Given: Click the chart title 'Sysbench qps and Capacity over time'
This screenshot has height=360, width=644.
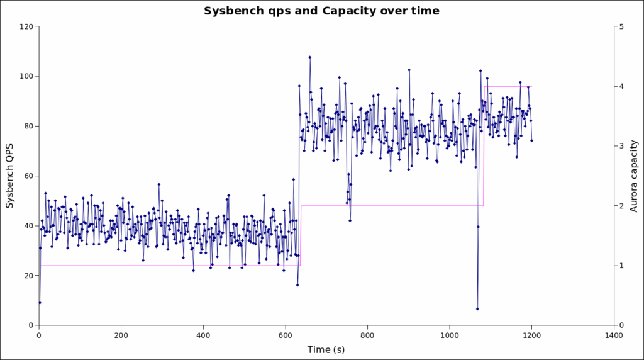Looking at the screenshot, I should [x=321, y=11].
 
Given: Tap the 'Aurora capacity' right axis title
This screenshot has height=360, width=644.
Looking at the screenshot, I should [x=634, y=176].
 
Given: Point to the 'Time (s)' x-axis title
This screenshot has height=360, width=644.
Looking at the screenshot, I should [x=326, y=349].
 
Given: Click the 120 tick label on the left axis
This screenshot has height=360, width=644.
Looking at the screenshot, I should [x=26, y=26].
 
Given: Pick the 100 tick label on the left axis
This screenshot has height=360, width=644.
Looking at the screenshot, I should [x=26, y=76].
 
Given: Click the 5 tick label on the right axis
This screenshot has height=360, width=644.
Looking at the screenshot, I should [x=621, y=26].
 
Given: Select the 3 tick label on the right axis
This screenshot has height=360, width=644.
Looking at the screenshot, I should [x=621, y=146].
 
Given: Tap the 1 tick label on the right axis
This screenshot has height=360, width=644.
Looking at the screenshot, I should [x=621, y=266].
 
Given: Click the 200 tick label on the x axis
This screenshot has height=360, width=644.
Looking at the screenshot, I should [x=121, y=335].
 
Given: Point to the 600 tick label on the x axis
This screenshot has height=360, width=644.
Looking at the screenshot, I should [x=285, y=335].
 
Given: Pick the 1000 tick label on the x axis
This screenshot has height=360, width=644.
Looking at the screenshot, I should [x=449, y=335].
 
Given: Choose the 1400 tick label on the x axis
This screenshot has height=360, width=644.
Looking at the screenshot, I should [x=613, y=335].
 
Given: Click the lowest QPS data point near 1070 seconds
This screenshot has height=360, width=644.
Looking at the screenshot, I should [x=477, y=309].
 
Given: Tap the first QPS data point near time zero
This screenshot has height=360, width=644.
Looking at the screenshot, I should [x=40, y=303].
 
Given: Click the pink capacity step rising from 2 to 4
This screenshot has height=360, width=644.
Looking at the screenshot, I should [x=484, y=146].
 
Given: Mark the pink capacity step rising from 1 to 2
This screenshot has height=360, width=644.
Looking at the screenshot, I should [x=301, y=235].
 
